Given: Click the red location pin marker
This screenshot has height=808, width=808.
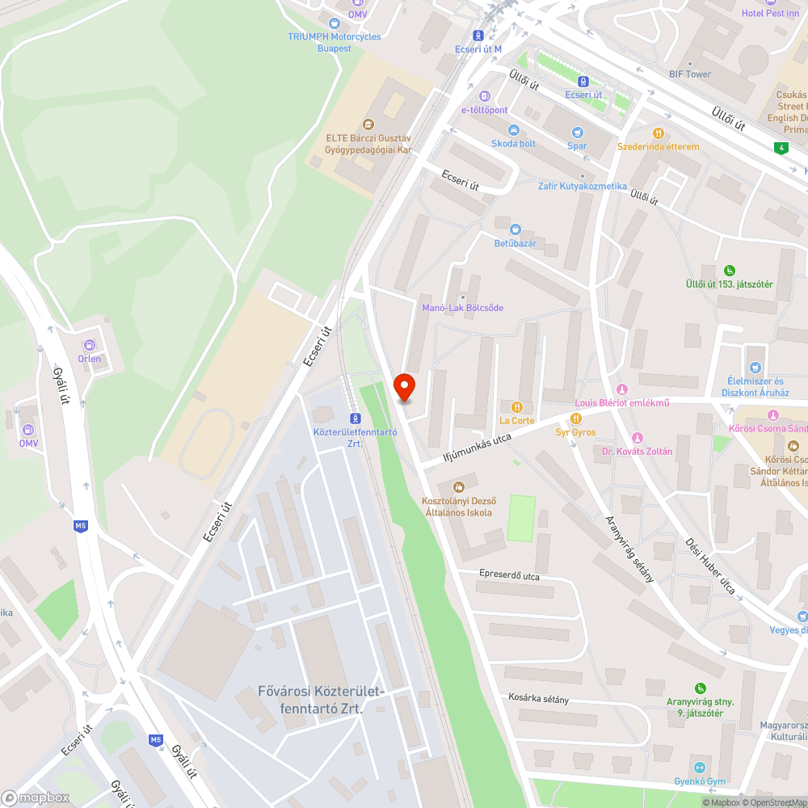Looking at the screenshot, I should click(x=404, y=387).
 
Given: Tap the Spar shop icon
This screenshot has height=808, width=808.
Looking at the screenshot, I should click(x=577, y=132).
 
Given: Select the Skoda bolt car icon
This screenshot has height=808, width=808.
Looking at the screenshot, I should click(x=513, y=130).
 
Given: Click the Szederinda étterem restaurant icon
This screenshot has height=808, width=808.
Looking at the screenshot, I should click(x=659, y=133).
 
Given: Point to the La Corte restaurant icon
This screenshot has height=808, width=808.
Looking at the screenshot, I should click(x=517, y=407).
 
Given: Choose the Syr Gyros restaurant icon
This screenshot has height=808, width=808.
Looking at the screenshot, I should click(x=575, y=419).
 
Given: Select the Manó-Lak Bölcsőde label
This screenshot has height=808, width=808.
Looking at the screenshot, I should click(x=463, y=308).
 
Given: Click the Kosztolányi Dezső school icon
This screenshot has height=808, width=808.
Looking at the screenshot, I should click(x=459, y=486).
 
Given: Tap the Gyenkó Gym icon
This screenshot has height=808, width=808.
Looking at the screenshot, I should click(x=700, y=768).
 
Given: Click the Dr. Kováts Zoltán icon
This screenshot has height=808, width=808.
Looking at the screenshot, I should click(x=637, y=438).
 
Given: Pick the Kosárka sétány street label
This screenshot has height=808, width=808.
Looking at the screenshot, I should click(x=539, y=698).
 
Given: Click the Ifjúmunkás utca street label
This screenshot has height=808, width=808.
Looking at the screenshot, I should click(x=478, y=450).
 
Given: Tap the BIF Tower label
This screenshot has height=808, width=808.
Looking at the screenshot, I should click(x=690, y=74).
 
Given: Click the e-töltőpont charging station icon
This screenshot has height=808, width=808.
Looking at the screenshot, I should click(x=484, y=96).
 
